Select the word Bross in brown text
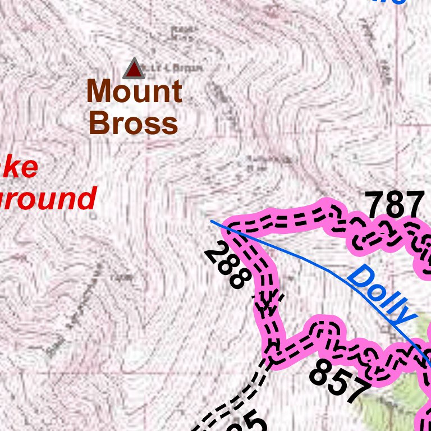pos(134,123)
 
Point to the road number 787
pos(395,205)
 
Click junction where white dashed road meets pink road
pos(272,354)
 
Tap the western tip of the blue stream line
pos(212,221)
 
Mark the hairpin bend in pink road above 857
pos(325,331)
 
